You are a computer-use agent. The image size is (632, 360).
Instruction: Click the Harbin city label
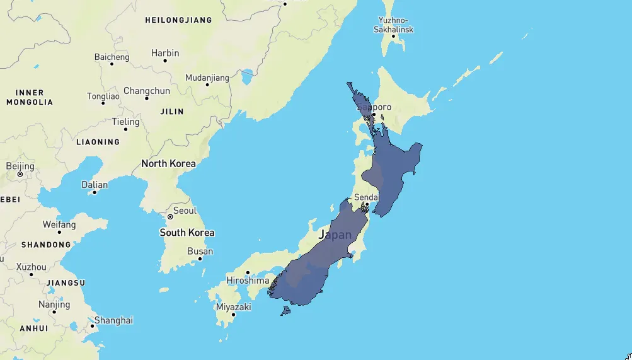coord(165,53)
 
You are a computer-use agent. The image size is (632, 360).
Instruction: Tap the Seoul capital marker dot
coord(170,217)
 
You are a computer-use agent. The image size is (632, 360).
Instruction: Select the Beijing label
coord(20,166)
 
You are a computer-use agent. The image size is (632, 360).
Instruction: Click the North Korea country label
coord(168,163)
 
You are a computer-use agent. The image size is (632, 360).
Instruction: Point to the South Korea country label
coord(187,233)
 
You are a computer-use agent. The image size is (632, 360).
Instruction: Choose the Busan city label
coord(200,252)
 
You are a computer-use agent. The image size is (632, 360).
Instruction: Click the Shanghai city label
coord(113,320)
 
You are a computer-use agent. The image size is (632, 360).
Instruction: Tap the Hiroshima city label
coord(248,280)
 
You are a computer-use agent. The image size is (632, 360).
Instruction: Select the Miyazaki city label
coord(233,307)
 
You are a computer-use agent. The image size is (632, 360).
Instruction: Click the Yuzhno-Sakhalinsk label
coord(393,25)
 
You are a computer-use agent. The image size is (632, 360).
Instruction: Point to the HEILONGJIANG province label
coord(178,20)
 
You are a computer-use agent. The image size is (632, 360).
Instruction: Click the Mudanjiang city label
coord(207,78)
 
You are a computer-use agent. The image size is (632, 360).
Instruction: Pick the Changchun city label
coord(147,91)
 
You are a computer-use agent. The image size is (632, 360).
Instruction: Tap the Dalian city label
coord(95,185)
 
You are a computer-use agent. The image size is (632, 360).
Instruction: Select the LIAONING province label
coord(98,142)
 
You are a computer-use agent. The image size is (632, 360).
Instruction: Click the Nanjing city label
coord(54,305)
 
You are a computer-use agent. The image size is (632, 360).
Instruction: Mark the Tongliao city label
coord(103,96)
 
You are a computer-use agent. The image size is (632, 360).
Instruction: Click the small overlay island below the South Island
coord(286,311)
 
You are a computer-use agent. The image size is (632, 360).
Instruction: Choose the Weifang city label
coord(59,224)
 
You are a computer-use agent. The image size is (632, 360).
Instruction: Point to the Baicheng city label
coord(112,57)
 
